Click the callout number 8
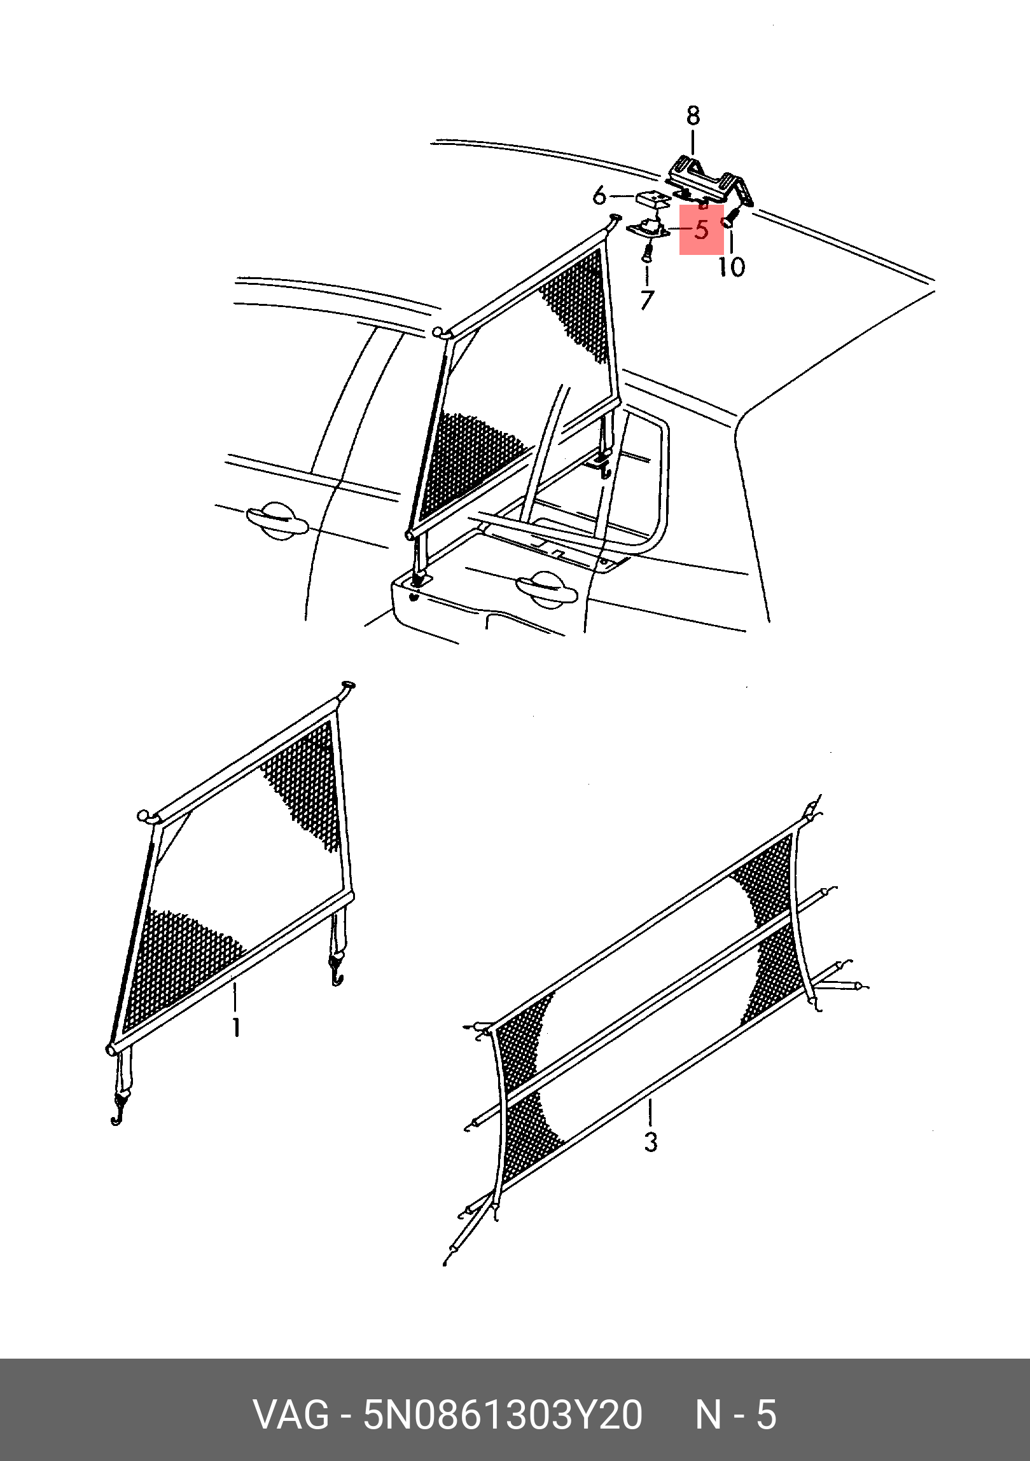pyautogui.click(x=693, y=115)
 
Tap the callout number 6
pyautogui.click(x=599, y=196)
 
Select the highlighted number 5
pyautogui.click(x=702, y=230)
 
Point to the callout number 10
pyautogui.click(x=732, y=266)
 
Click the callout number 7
pyautogui.click(x=647, y=299)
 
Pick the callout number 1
pyautogui.click(x=236, y=1027)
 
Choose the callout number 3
pyautogui.click(x=650, y=1142)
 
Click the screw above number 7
pyautogui.click(x=646, y=254)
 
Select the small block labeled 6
pyautogui.click(x=653, y=198)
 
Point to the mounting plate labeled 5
pyautogui.click(x=648, y=228)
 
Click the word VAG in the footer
pyautogui.click(x=291, y=1415)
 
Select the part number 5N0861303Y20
pyautogui.click(x=502, y=1415)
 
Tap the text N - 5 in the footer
pyautogui.click(x=735, y=1415)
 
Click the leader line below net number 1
pyautogui.click(x=235, y=997)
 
